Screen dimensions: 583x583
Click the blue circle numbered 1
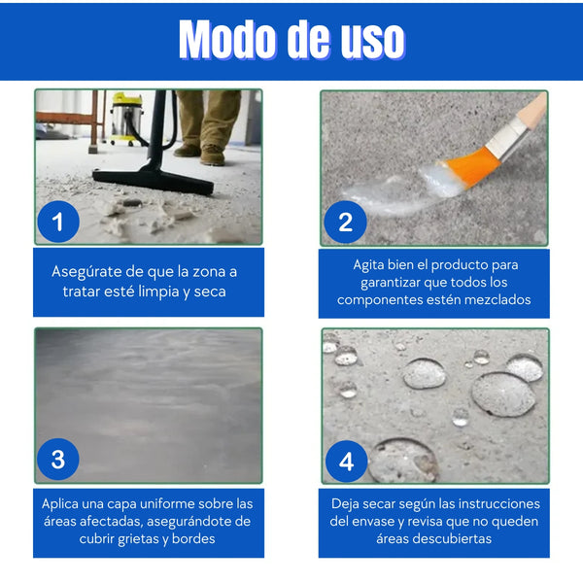pos(58,222)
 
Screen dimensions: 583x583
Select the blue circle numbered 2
pos(345,222)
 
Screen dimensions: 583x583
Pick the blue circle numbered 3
pos(58,460)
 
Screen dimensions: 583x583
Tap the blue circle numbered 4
pos(347,462)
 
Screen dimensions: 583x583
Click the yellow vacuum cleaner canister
pos(127,119)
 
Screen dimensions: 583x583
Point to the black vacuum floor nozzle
pos(153,180)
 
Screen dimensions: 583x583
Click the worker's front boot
pos(212,155)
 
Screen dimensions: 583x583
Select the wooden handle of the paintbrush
pos(532,109)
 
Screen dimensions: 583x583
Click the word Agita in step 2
pos(368,264)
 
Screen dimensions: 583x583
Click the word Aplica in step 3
pos(60,503)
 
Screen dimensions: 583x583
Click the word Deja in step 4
pos(345,503)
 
